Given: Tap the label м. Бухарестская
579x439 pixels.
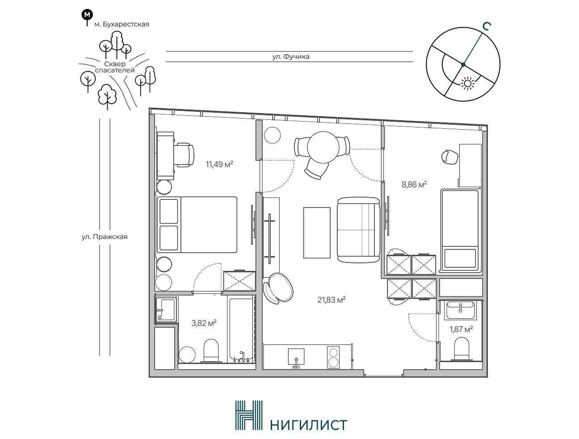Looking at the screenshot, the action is tap(122, 24).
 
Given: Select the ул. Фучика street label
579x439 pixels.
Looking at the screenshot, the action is tap(291, 56).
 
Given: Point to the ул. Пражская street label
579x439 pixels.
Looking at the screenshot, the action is tap(105, 236).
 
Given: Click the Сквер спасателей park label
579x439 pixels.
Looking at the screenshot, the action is tap(115, 67).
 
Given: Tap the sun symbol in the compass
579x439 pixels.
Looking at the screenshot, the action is tap(467, 83).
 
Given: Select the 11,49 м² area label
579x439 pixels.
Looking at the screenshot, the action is tap(219, 165).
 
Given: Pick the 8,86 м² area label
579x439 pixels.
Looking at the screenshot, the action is tap(414, 185).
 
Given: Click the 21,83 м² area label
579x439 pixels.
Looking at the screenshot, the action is tap(331, 300).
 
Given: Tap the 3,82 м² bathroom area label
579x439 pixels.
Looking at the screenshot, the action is tap(204, 323).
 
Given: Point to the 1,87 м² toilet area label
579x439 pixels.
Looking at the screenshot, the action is tap(461, 329).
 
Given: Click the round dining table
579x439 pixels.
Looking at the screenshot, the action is tap(323, 148).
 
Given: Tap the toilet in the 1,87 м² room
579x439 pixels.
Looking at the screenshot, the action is tap(461, 349).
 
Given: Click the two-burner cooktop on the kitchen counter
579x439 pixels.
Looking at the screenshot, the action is tap(333, 357).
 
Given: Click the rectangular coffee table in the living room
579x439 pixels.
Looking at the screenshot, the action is tap(317, 232).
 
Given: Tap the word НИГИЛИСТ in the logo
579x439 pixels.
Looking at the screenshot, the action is tap(308, 425).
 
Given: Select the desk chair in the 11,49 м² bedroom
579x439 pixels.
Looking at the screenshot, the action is tap(185, 155).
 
